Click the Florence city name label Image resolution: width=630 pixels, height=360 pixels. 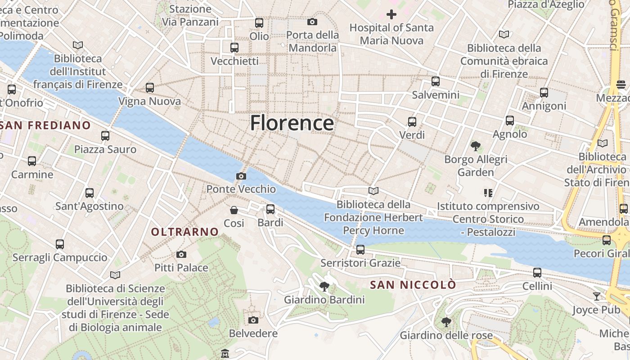point(292,123)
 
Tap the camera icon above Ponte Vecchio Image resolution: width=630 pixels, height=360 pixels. point(241,176)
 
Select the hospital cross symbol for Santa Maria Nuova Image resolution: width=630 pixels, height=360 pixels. point(391,14)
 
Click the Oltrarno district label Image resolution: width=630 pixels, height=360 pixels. point(185,232)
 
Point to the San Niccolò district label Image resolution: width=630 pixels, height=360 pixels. point(413,285)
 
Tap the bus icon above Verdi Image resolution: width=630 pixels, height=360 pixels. point(412,122)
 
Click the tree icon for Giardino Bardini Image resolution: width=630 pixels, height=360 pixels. point(324,287)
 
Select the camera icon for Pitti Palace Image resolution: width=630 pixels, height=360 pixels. point(181,255)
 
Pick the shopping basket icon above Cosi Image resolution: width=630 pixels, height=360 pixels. point(234,210)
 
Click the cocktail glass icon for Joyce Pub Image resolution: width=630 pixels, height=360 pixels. point(597,297)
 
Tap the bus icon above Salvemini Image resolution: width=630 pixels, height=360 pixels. point(435,81)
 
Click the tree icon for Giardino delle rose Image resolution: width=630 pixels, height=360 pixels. point(446,322)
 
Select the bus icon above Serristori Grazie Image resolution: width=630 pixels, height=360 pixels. point(360,250)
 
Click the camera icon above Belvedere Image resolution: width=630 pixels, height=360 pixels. point(253,320)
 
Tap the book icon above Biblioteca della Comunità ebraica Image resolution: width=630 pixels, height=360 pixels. point(504,35)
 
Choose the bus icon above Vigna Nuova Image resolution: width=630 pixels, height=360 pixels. point(150,88)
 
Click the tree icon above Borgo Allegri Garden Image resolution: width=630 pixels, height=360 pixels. point(475,146)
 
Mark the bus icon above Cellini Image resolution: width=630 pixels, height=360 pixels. point(537,273)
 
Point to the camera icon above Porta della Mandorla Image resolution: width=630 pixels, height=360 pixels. point(312,22)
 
